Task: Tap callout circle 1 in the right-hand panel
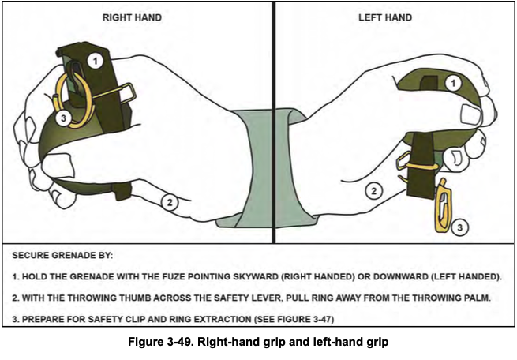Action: click(x=95, y=60)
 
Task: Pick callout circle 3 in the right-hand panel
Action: click(x=66, y=118)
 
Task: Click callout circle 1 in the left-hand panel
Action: click(x=452, y=81)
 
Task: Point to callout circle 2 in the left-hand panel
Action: click(x=376, y=190)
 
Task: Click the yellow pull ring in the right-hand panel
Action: click(x=73, y=99)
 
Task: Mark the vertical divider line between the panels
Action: click(x=273, y=118)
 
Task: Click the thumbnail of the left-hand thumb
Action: click(x=472, y=115)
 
